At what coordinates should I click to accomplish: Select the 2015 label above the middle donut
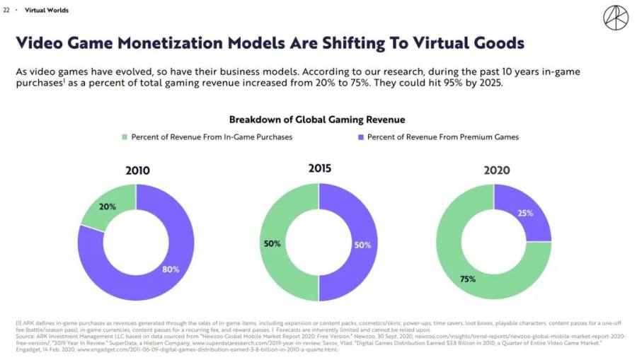(319, 168)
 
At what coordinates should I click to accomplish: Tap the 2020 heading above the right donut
(496, 170)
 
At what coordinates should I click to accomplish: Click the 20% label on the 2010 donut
(108, 207)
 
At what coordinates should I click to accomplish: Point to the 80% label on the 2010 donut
(171, 269)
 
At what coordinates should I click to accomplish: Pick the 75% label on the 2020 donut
(468, 279)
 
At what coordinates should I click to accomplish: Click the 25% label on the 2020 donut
(525, 213)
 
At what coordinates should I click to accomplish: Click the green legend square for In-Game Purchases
(125, 137)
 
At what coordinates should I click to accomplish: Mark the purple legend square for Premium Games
(360, 137)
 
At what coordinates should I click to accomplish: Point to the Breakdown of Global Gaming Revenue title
(316, 120)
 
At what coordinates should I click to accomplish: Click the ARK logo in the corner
(614, 17)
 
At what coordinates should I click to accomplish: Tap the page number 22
(6, 11)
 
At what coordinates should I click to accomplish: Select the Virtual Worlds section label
(42, 11)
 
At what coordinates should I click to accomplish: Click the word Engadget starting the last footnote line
(28, 350)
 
